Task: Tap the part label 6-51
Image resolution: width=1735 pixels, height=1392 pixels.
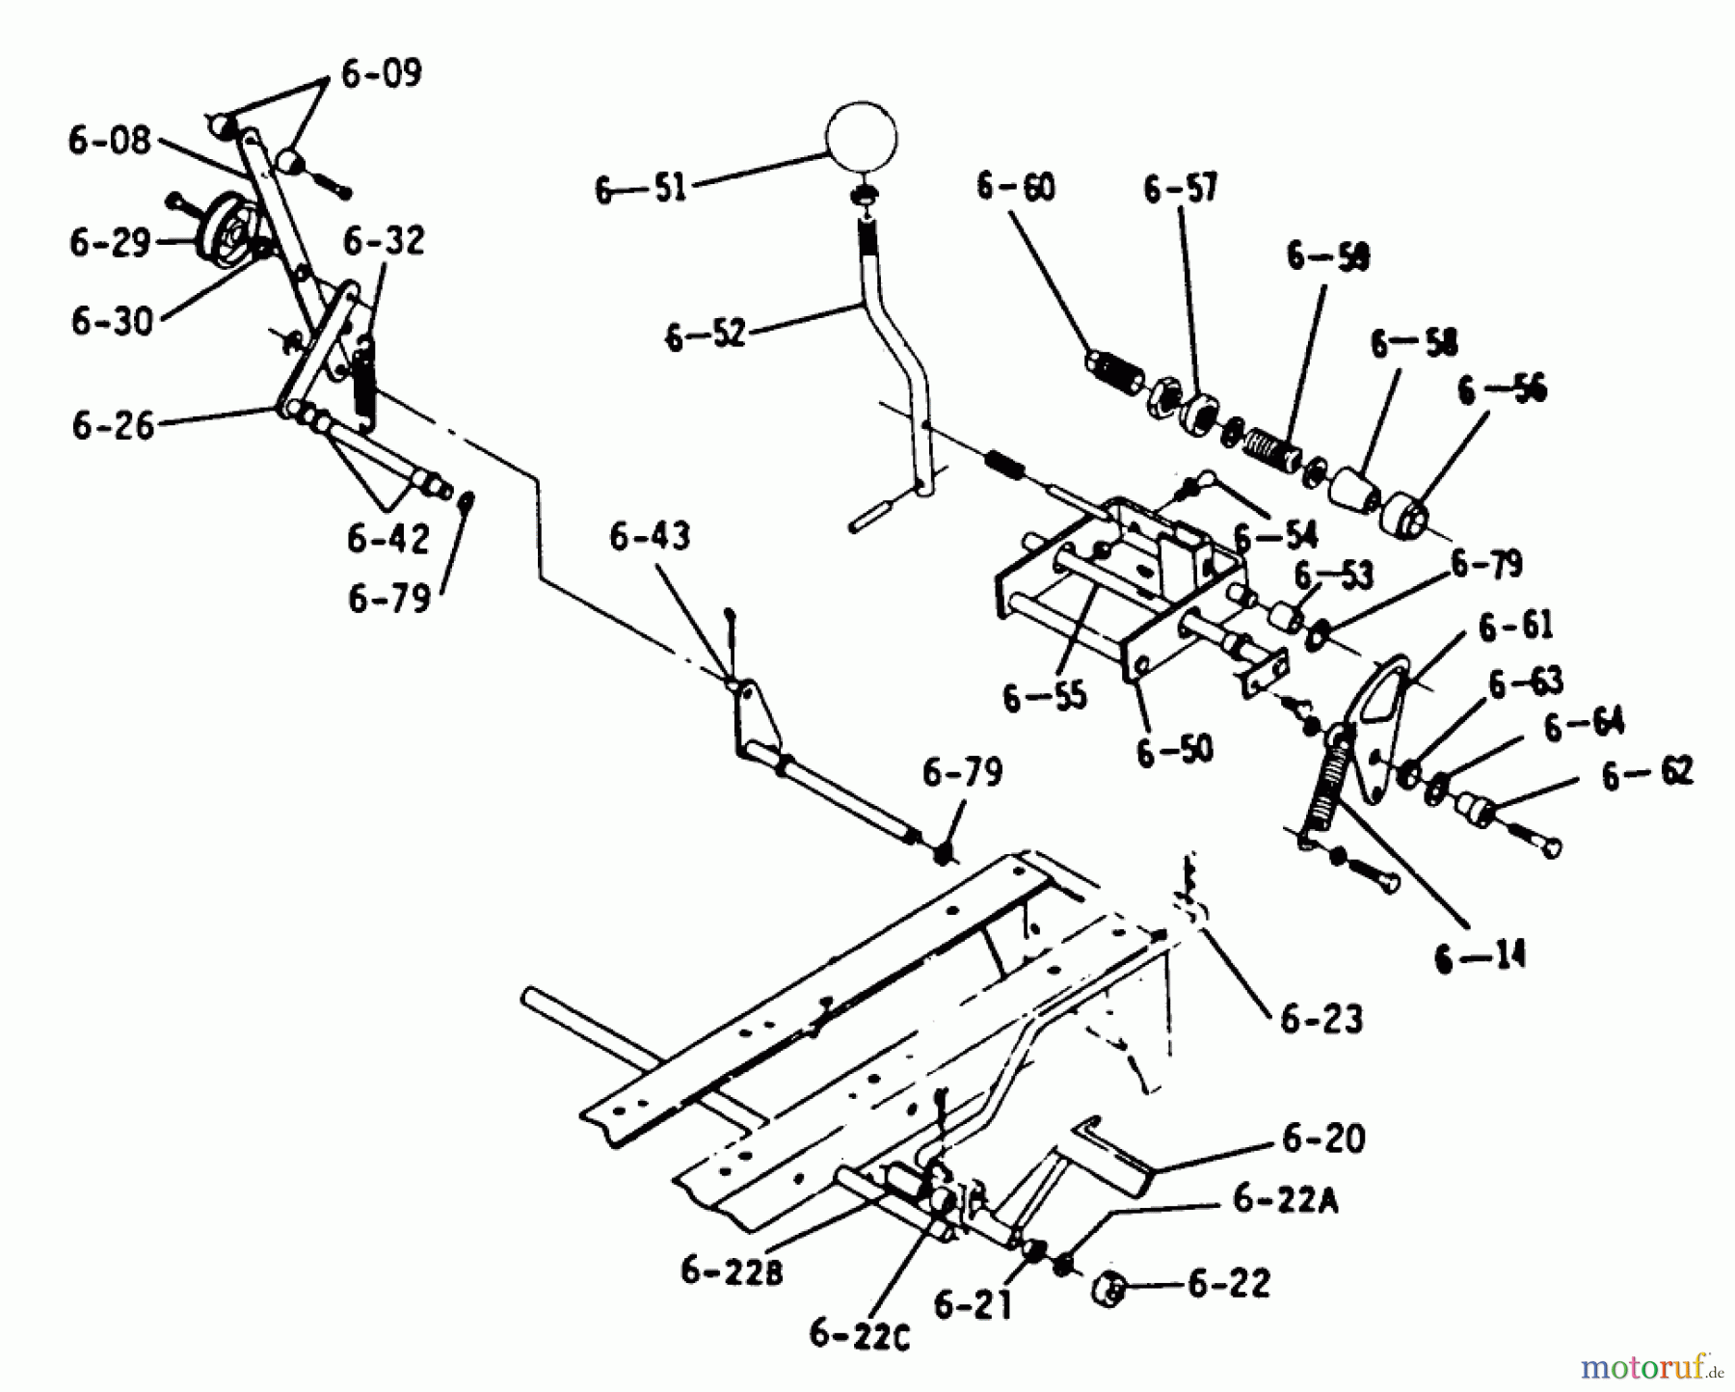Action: pyautogui.click(x=640, y=189)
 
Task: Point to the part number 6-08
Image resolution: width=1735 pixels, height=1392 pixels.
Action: pyautogui.click(x=110, y=142)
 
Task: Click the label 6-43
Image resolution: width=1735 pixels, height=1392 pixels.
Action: pyautogui.click(x=650, y=537)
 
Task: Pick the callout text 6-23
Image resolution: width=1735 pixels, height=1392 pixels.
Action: pyautogui.click(x=1321, y=1019)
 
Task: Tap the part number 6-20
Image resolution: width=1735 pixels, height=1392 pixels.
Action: pyautogui.click(x=1323, y=1138)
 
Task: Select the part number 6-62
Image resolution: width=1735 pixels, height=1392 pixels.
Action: pyautogui.click(x=1647, y=774)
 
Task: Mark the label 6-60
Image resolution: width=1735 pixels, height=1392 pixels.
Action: pyautogui.click(x=1015, y=186)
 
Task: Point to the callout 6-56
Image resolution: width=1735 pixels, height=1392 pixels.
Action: pyautogui.click(x=1503, y=390)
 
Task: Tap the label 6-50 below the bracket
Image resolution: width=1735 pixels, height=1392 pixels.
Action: pyautogui.click(x=1175, y=751)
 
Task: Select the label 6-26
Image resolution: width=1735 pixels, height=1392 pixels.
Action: pyautogui.click(x=113, y=425)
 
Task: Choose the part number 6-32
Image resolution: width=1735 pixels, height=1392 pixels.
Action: pyautogui.click(x=384, y=241)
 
